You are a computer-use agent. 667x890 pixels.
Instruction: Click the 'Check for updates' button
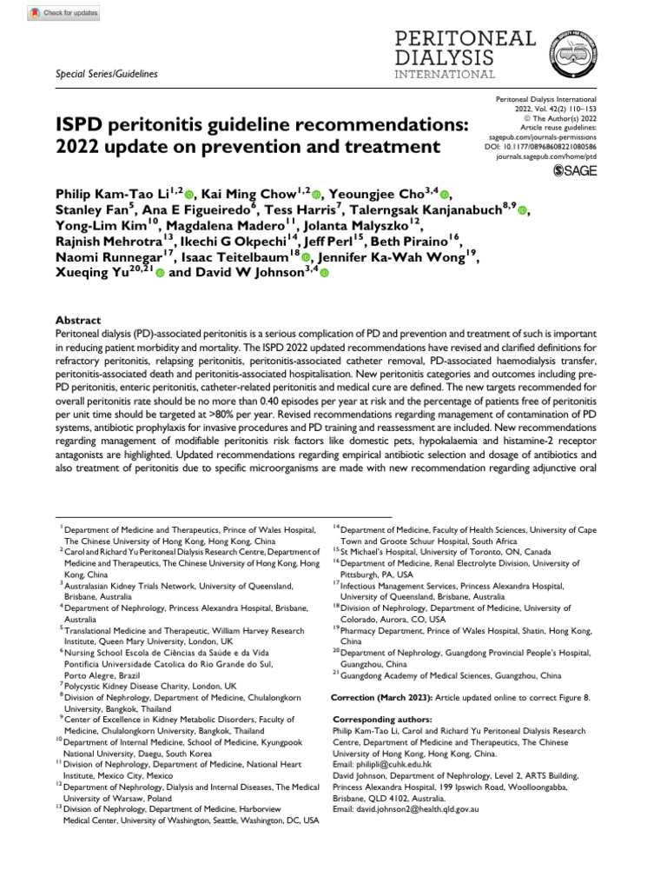point(63,14)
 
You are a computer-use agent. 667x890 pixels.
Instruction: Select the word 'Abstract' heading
point(78,321)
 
